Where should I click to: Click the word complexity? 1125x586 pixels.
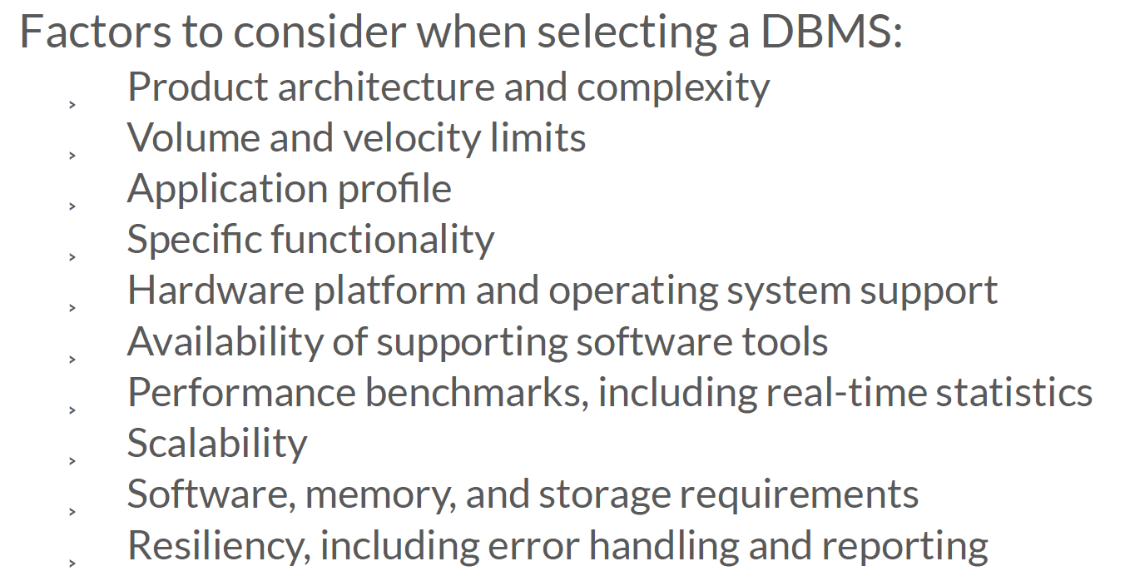click(673, 88)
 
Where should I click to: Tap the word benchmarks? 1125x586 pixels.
click(474, 393)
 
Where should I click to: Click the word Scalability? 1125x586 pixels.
click(217, 444)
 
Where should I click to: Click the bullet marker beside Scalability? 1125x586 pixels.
click(72, 460)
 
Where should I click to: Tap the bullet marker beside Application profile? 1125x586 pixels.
click(72, 206)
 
